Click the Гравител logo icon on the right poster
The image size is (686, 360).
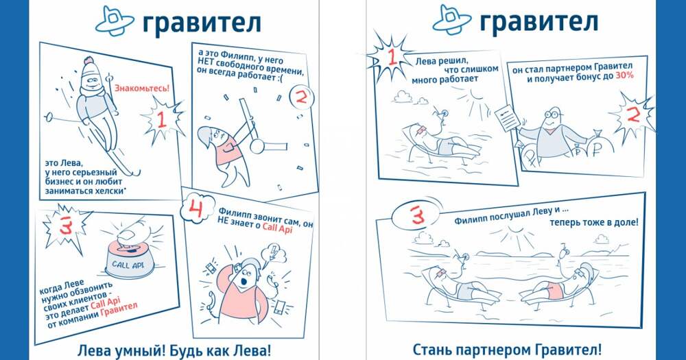452,20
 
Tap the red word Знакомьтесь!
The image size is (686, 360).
142,88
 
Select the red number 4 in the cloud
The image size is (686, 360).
196,209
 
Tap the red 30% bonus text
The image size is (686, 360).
624,75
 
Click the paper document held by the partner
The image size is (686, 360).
508,116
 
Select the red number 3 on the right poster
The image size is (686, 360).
417,215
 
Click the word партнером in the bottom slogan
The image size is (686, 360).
496,350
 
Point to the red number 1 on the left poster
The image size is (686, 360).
161,119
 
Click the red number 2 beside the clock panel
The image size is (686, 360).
302,97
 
